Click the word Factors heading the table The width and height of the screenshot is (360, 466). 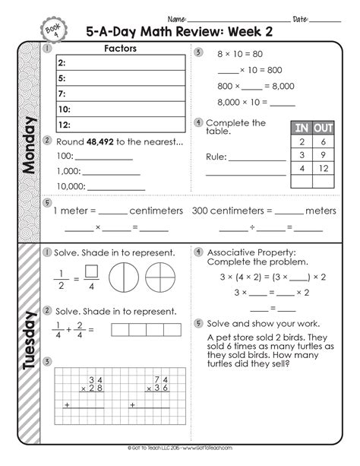[x=122, y=48]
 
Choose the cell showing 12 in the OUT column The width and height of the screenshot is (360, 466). [x=323, y=168]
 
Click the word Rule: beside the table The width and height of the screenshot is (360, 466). [x=217, y=157]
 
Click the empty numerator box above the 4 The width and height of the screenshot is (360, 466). [x=91, y=270]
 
